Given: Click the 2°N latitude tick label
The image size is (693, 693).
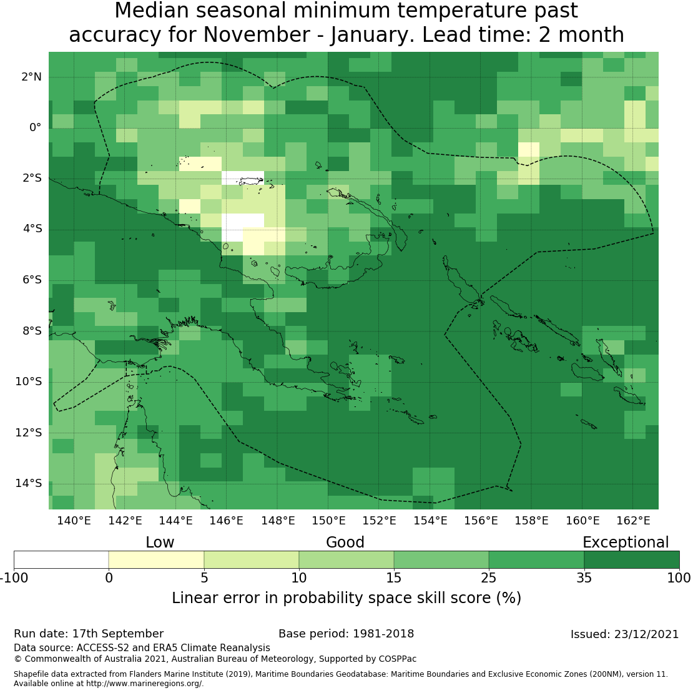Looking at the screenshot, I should click(x=31, y=77).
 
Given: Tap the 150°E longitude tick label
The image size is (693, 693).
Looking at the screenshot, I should click(x=328, y=521).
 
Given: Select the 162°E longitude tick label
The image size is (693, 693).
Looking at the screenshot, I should click(x=633, y=521).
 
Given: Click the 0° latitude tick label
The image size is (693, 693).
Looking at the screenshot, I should click(x=35, y=127).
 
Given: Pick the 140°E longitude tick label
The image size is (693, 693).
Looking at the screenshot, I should click(x=74, y=521).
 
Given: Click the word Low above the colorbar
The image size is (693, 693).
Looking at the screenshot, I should click(x=160, y=543).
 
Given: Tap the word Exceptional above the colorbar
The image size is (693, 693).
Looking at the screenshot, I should click(x=626, y=543).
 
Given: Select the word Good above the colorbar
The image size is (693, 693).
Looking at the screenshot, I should click(x=345, y=543).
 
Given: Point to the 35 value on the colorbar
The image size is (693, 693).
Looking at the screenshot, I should click(x=584, y=578).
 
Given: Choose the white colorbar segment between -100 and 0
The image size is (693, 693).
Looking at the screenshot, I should click(x=61, y=559).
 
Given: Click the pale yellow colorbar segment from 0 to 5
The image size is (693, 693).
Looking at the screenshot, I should click(x=156, y=559).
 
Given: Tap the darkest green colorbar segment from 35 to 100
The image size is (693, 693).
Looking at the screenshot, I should click(x=631, y=559).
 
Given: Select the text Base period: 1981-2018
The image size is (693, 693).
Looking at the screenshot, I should click(x=346, y=634).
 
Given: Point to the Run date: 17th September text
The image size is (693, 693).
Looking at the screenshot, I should click(x=89, y=634).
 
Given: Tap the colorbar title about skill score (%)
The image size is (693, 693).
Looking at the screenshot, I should click(x=346, y=598).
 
